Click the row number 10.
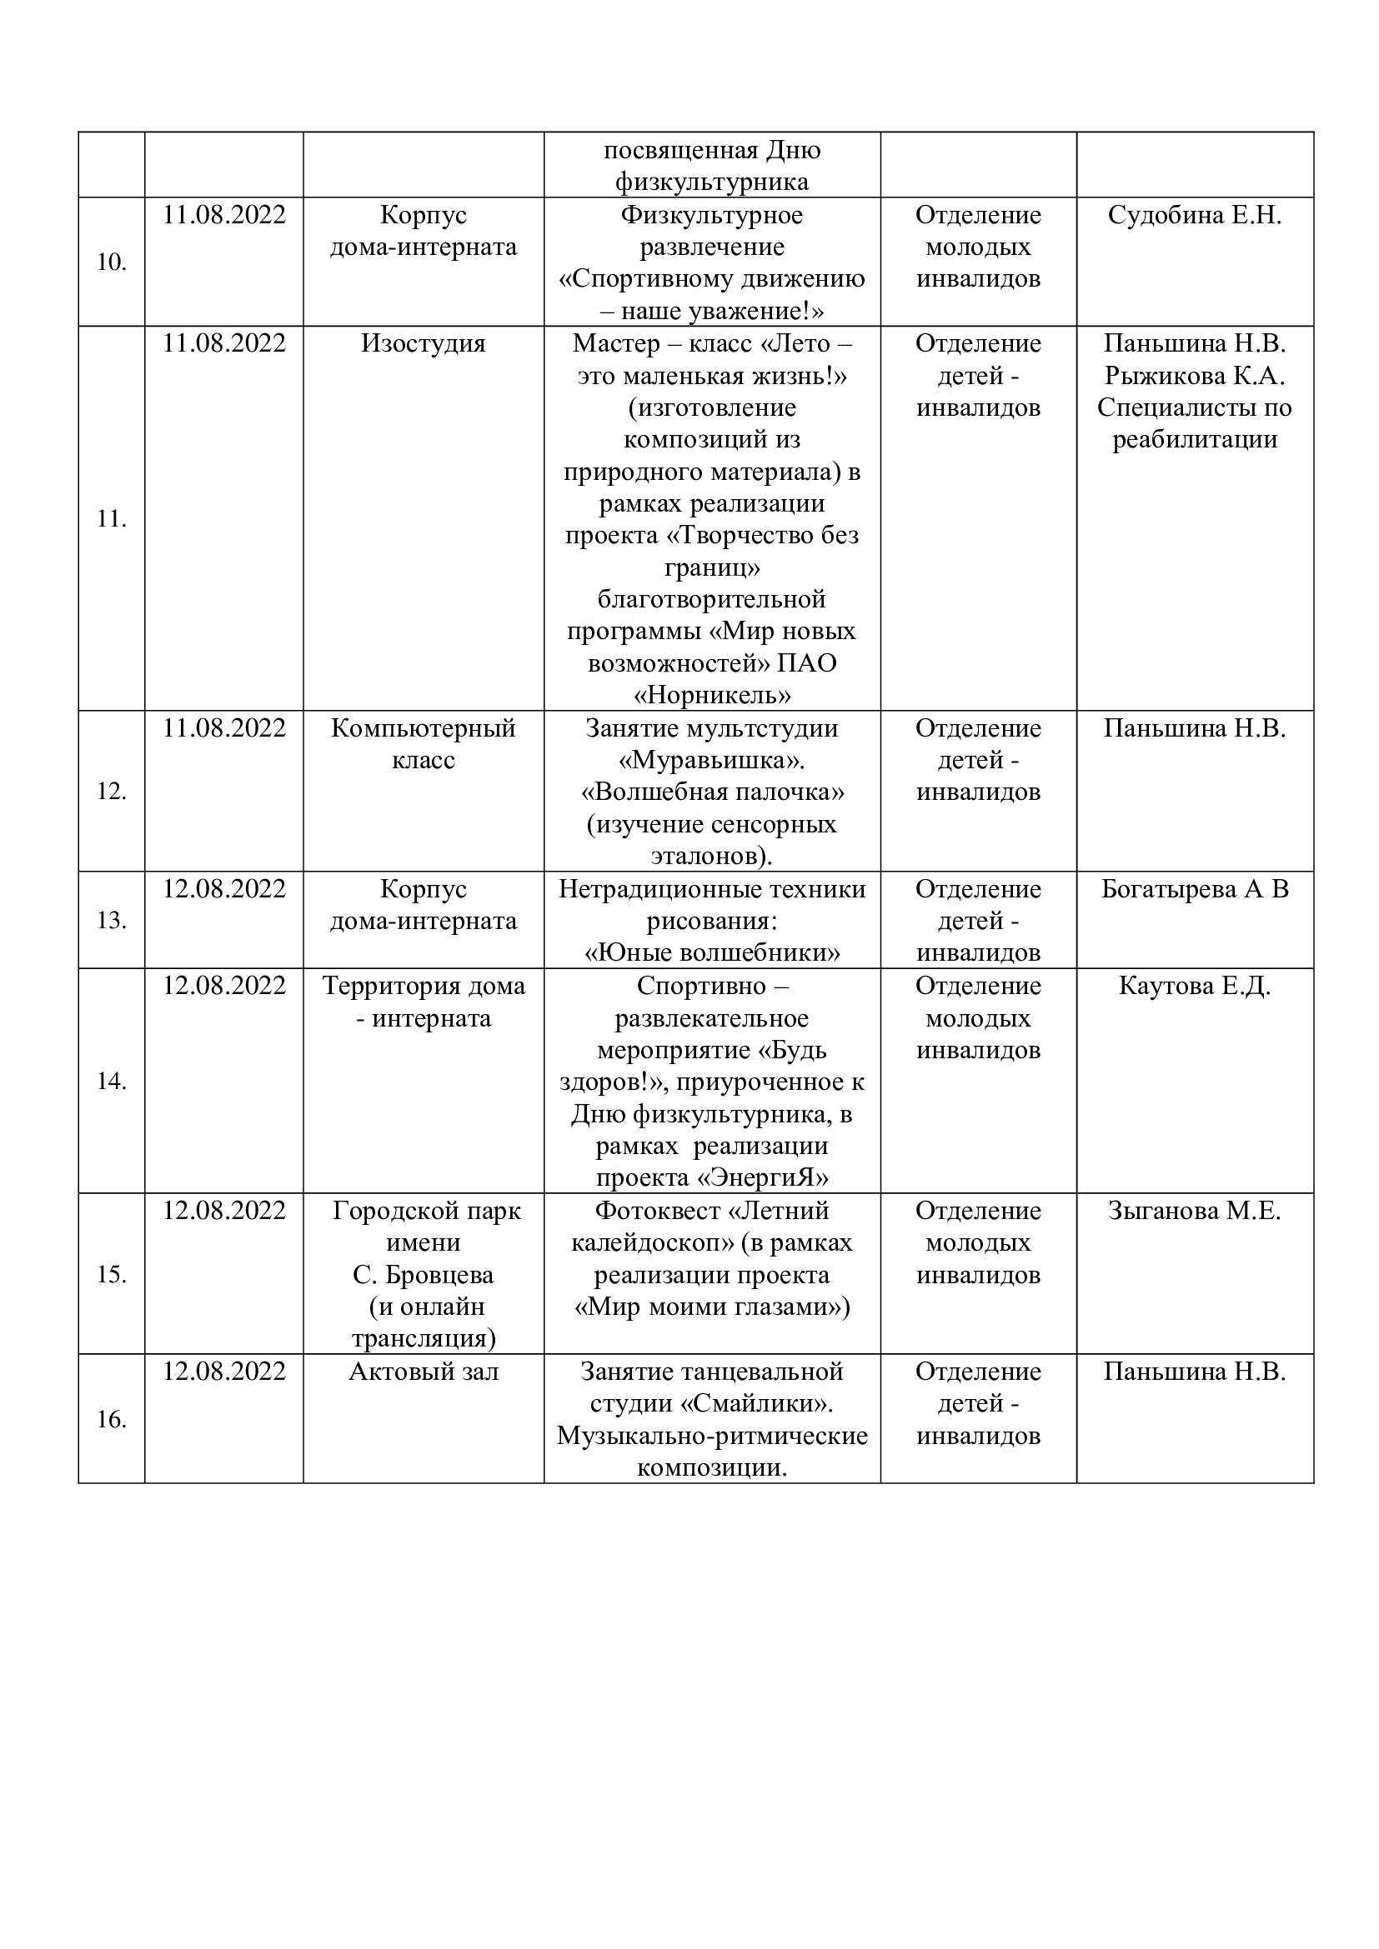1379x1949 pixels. click(111, 262)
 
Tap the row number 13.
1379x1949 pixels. click(111, 920)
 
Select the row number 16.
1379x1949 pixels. click(111, 1419)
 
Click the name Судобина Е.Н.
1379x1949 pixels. click(1194, 216)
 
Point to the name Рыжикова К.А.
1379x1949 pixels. click(1194, 376)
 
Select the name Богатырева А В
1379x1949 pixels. click(1194, 890)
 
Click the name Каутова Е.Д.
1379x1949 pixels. click(1194, 987)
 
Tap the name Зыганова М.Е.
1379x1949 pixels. click(1194, 1212)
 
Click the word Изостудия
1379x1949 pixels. click(423, 344)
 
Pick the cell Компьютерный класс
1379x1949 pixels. click(423, 743)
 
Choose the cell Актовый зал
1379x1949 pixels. click(423, 1372)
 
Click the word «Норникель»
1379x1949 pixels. click(711, 696)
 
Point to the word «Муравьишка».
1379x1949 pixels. click(711, 761)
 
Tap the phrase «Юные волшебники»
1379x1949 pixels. click(711, 953)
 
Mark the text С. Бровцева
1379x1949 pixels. click(423, 1275)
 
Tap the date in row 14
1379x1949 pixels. click(224, 987)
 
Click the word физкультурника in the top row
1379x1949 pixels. click(711, 182)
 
